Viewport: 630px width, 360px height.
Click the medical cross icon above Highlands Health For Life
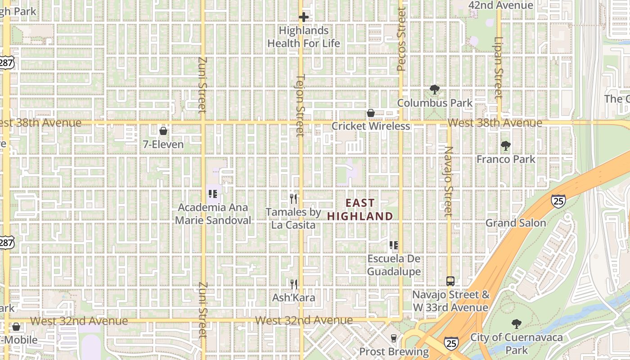click(304, 18)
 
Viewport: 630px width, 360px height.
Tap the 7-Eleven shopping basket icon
click(163, 131)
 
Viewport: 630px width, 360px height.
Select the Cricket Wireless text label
click(371, 126)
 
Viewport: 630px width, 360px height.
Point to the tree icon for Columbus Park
click(434, 90)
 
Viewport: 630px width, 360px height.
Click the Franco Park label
click(506, 159)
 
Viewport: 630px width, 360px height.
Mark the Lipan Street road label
click(498, 67)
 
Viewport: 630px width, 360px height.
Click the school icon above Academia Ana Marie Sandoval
click(213, 194)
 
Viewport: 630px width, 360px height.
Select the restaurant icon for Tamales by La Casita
click(294, 198)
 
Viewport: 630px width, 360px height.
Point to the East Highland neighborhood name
click(360, 210)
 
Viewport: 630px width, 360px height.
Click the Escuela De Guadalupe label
click(394, 265)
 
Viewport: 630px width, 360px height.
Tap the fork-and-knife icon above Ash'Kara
click(294, 284)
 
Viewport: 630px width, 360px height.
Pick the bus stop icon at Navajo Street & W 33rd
click(450, 281)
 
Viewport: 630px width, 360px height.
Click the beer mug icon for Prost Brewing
click(394, 338)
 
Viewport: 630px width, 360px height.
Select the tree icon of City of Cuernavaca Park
click(516, 324)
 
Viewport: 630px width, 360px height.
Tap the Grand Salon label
click(515, 223)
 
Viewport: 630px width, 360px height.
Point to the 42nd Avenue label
click(500, 5)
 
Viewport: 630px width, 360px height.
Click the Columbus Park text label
click(435, 103)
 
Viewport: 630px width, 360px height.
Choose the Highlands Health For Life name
click(304, 37)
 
